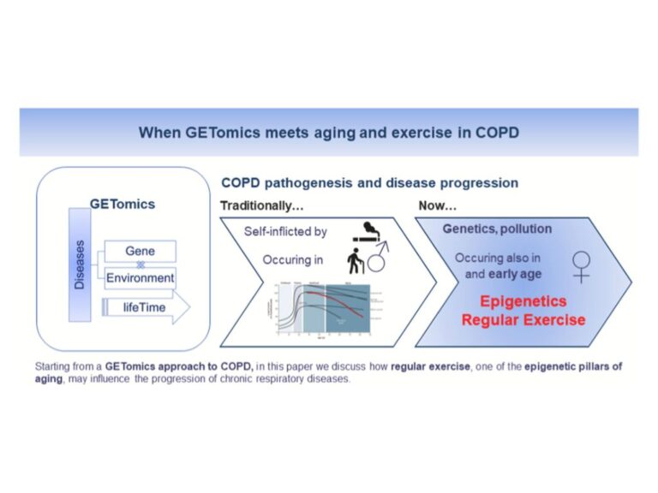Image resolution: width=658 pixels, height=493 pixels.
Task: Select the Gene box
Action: point(140,251)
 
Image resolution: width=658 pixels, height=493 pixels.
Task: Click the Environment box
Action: point(140,278)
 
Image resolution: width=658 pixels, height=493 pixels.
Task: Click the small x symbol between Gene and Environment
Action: point(141,264)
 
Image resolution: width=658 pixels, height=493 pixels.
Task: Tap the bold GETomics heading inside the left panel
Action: point(123,205)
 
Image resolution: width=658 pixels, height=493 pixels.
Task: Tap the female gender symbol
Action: point(581,265)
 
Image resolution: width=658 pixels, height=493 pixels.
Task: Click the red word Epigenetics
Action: point(523,301)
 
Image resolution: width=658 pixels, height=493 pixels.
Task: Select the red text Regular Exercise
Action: point(523,320)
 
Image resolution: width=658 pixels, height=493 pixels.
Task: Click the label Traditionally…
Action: point(261,205)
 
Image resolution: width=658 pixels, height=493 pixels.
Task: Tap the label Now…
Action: point(437,205)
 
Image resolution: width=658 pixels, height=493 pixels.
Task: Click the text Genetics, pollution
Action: point(497,229)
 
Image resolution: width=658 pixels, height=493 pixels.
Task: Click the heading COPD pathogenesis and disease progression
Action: point(369,183)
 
